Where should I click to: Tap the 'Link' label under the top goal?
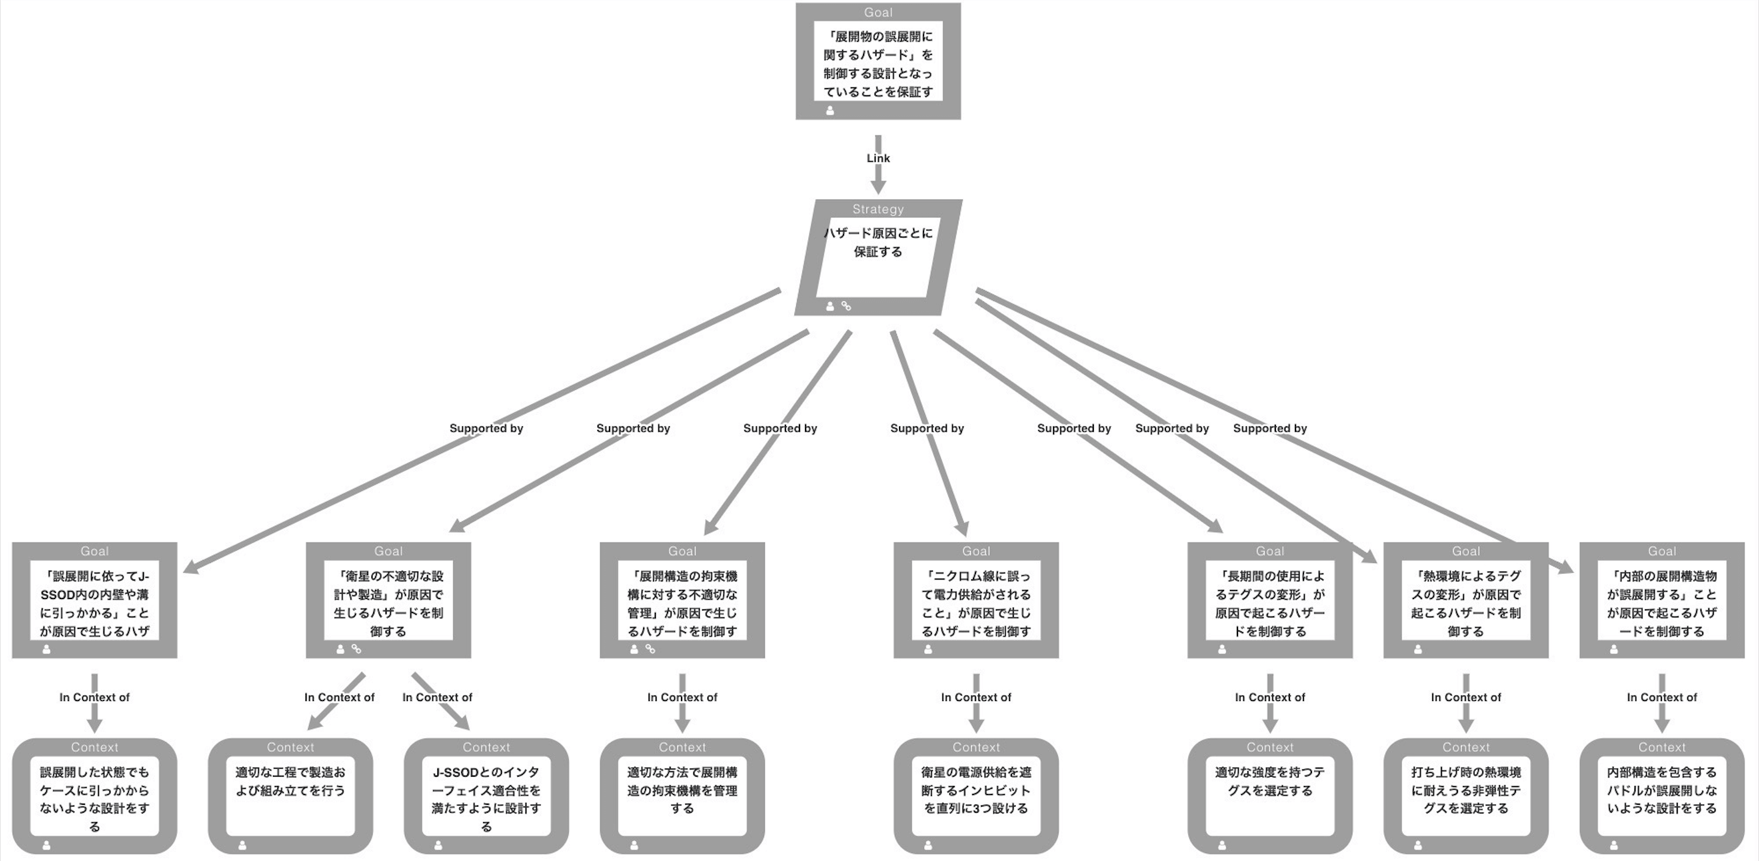[878, 158]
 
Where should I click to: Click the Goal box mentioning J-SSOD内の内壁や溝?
[94, 601]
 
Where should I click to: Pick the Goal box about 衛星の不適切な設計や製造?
[388, 601]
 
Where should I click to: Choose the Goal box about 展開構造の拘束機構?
[682, 601]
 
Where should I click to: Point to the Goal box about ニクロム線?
[976, 601]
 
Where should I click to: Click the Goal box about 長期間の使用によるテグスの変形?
[1269, 601]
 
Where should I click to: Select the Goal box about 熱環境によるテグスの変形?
[1465, 601]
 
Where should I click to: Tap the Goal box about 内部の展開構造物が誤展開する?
[1661, 601]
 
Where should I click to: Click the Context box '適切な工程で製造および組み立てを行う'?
[290, 796]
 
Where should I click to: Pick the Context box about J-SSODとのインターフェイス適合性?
[486, 796]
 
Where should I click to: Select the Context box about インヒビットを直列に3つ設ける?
[976, 796]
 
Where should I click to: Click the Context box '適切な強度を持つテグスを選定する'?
[1269, 796]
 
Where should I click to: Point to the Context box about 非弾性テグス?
[1465, 796]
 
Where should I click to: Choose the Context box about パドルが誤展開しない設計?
[1661, 796]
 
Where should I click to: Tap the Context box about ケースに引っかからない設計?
[94, 796]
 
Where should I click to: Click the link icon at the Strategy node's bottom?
[846, 307]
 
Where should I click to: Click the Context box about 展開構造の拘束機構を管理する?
[682, 796]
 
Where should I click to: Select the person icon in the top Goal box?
[829, 111]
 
